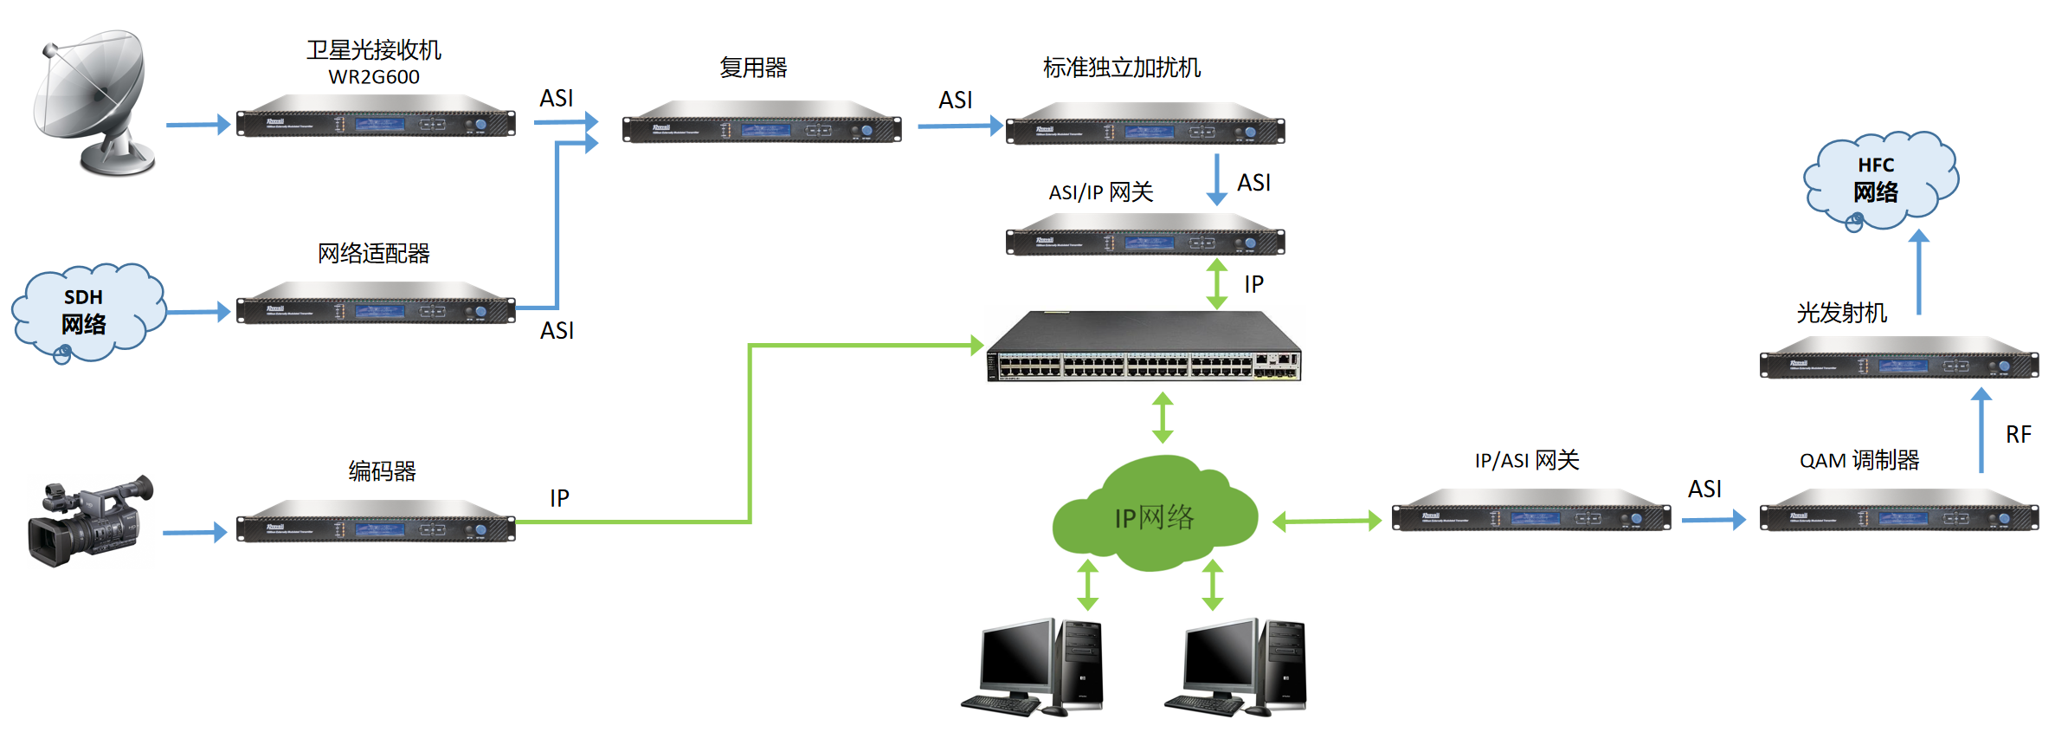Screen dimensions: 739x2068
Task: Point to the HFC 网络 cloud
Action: (x=1878, y=180)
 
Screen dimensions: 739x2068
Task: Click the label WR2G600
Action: (x=374, y=77)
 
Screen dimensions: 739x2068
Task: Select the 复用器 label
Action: (x=753, y=68)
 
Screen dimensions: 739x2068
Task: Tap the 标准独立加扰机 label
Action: (x=1122, y=68)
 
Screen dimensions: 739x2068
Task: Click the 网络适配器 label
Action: (x=374, y=254)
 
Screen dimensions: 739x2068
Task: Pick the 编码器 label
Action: (x=382, y=471)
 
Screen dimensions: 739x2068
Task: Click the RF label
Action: (x=2018, y=435)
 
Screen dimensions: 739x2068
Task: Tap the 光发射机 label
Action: (x=1841, y=313)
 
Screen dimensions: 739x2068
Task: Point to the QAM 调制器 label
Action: (x=1859, y=461)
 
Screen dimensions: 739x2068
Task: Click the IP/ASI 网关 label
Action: (x=1527, y=461)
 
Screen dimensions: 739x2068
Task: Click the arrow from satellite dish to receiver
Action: (x=197, y=125)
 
